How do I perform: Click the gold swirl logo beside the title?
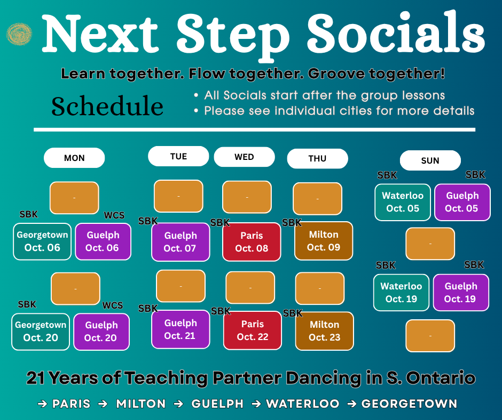tap(19, 34)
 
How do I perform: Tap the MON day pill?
tap(74, 158)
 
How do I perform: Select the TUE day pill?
tap(178, 156)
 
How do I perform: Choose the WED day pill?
tap(244, 157)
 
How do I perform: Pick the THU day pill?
tap(317, 158)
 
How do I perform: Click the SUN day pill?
tap(430, 160)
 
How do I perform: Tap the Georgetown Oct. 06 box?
tap(42, 241)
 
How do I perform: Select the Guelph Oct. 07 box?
tap(181, 241)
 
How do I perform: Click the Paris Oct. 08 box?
tap(252, 241)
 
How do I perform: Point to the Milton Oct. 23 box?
tap(325, 331)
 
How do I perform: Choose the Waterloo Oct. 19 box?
tap(401, 293)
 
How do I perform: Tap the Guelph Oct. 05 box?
tap(462, 202)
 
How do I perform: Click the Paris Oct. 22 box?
tap(253, 330)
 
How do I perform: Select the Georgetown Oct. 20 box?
tap(41, 332)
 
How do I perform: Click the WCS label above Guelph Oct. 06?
tap(114, 215)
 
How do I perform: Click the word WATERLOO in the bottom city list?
tap(303, 403)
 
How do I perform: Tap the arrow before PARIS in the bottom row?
tap(43, 404)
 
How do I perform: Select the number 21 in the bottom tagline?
tap(36, 378)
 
